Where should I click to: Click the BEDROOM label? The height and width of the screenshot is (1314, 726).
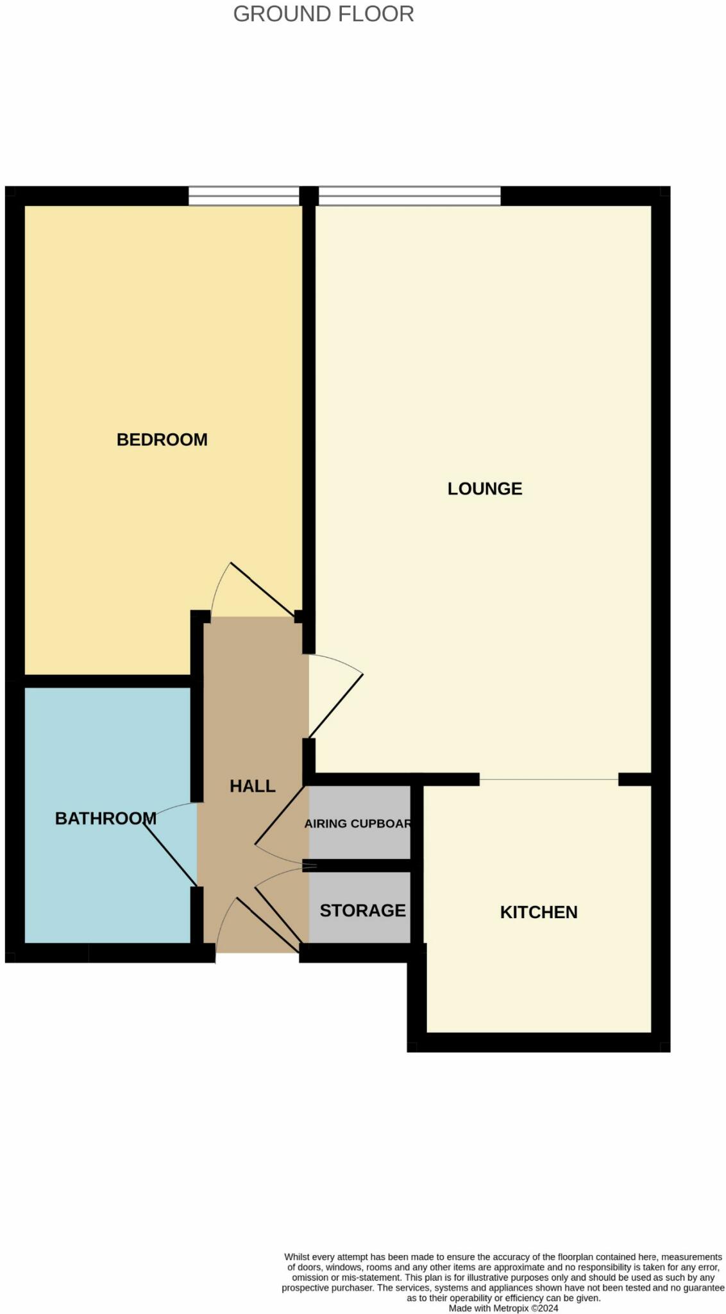click(162, 439)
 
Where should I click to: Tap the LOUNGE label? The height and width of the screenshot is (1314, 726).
click(484, 489)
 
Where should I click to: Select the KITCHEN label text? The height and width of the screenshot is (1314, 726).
click(538, 912)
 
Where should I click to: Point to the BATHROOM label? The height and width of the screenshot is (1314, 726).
click(105, 818)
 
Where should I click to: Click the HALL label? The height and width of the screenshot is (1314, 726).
click(252, 786)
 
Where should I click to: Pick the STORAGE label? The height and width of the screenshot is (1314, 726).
click(362, 910)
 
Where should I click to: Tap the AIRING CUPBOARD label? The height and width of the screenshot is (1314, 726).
click(357, 823)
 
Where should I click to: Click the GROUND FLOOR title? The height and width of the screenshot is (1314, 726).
click(323, 13)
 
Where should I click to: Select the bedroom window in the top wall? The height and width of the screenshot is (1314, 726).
click(244, 196)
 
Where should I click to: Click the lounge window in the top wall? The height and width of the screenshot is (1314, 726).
click(409, 196)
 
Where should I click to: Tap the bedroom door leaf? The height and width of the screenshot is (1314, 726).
click(263, 588)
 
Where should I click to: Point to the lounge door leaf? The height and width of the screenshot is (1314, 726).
click(336, 706)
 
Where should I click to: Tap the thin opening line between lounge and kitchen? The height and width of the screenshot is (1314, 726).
click(548, 779)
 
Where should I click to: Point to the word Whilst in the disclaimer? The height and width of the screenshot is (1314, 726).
click(296, 1257)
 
